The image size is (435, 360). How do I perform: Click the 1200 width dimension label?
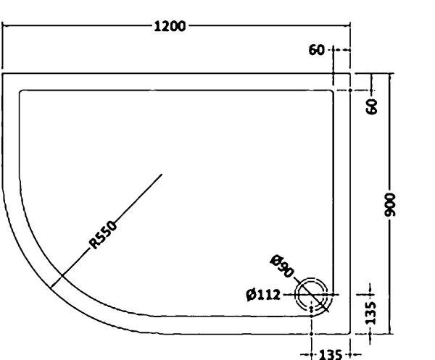[170, 27]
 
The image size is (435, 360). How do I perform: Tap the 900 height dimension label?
[390, 205]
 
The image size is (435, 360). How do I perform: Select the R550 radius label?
[103, 235]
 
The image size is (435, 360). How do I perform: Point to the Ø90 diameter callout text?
[281, 266]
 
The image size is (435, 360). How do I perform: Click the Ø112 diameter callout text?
[263, 295]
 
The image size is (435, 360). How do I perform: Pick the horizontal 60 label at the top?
[316, 50]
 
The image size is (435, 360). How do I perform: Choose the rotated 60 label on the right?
[372, 106]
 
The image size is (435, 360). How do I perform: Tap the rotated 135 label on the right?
[370, 313]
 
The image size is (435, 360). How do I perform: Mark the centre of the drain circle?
[311, 294]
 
